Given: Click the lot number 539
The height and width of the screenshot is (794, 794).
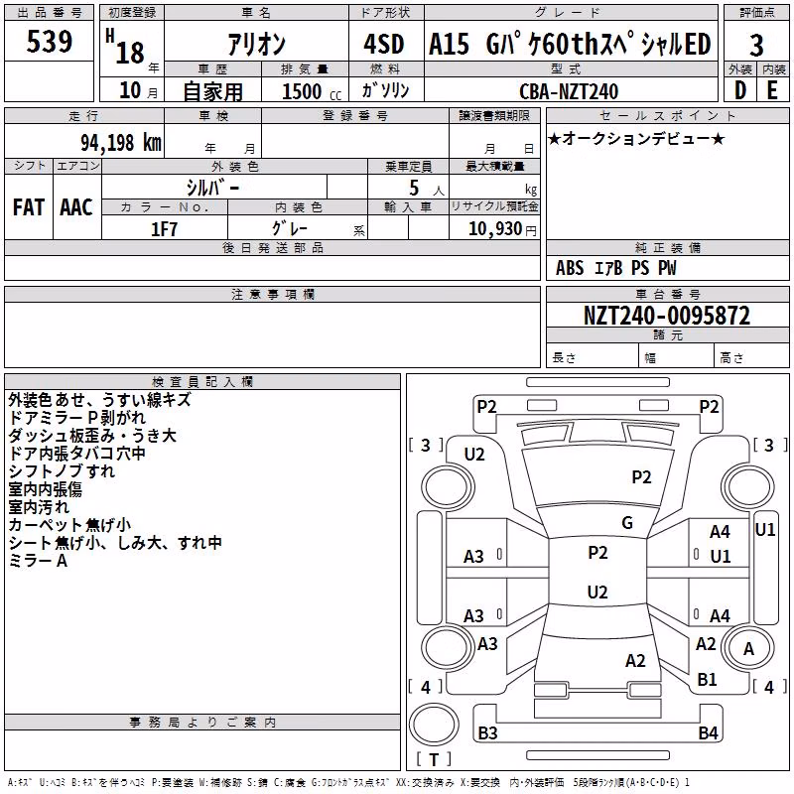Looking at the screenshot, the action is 49,42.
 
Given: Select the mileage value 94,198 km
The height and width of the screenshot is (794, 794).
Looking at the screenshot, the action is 121,143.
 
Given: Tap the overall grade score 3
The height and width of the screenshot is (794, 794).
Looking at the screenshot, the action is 756,46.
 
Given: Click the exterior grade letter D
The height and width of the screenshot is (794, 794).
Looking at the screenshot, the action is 740,90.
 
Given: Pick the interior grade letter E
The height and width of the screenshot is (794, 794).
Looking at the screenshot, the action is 772,90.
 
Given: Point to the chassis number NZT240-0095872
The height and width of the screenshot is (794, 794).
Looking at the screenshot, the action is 667,316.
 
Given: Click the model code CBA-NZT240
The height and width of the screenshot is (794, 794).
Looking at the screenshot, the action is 569,91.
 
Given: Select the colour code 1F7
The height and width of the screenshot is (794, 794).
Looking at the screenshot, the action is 165,229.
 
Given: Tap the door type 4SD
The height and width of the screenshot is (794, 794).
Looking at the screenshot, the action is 384,45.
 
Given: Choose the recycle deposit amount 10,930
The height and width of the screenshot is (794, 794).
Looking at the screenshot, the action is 494,229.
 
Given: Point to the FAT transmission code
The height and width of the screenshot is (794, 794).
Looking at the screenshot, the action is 29,207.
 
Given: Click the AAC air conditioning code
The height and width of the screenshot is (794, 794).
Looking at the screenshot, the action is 76,207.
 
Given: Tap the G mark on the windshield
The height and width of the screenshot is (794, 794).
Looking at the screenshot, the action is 627,523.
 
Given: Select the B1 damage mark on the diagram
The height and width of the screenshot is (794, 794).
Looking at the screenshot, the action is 707,680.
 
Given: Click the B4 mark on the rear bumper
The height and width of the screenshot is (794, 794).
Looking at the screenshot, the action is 708,732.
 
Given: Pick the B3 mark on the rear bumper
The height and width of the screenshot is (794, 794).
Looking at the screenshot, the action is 487,732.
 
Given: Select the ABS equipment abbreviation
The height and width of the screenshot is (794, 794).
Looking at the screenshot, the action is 570,268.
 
